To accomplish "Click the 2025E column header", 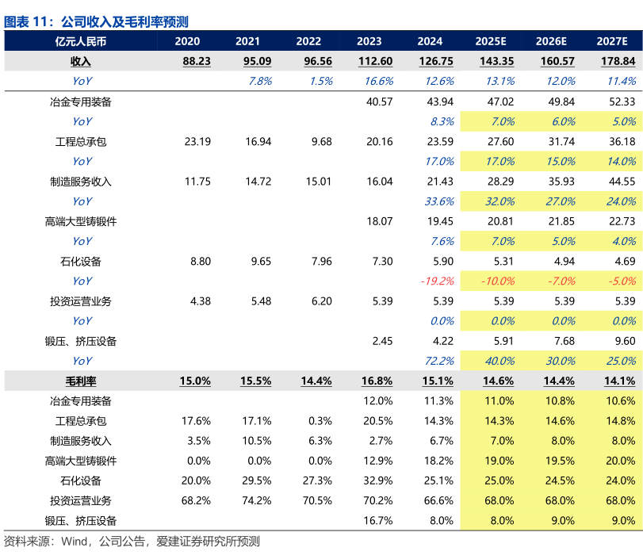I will [x=491, y=41].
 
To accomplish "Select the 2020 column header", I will [x=187, y=41].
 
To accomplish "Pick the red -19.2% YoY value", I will [x=436, y=281].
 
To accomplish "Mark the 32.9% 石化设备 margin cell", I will [x=378, y=481].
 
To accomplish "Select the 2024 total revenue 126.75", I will [x=437, y=61].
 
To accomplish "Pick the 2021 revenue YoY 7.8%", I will [x=260, y=81].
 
